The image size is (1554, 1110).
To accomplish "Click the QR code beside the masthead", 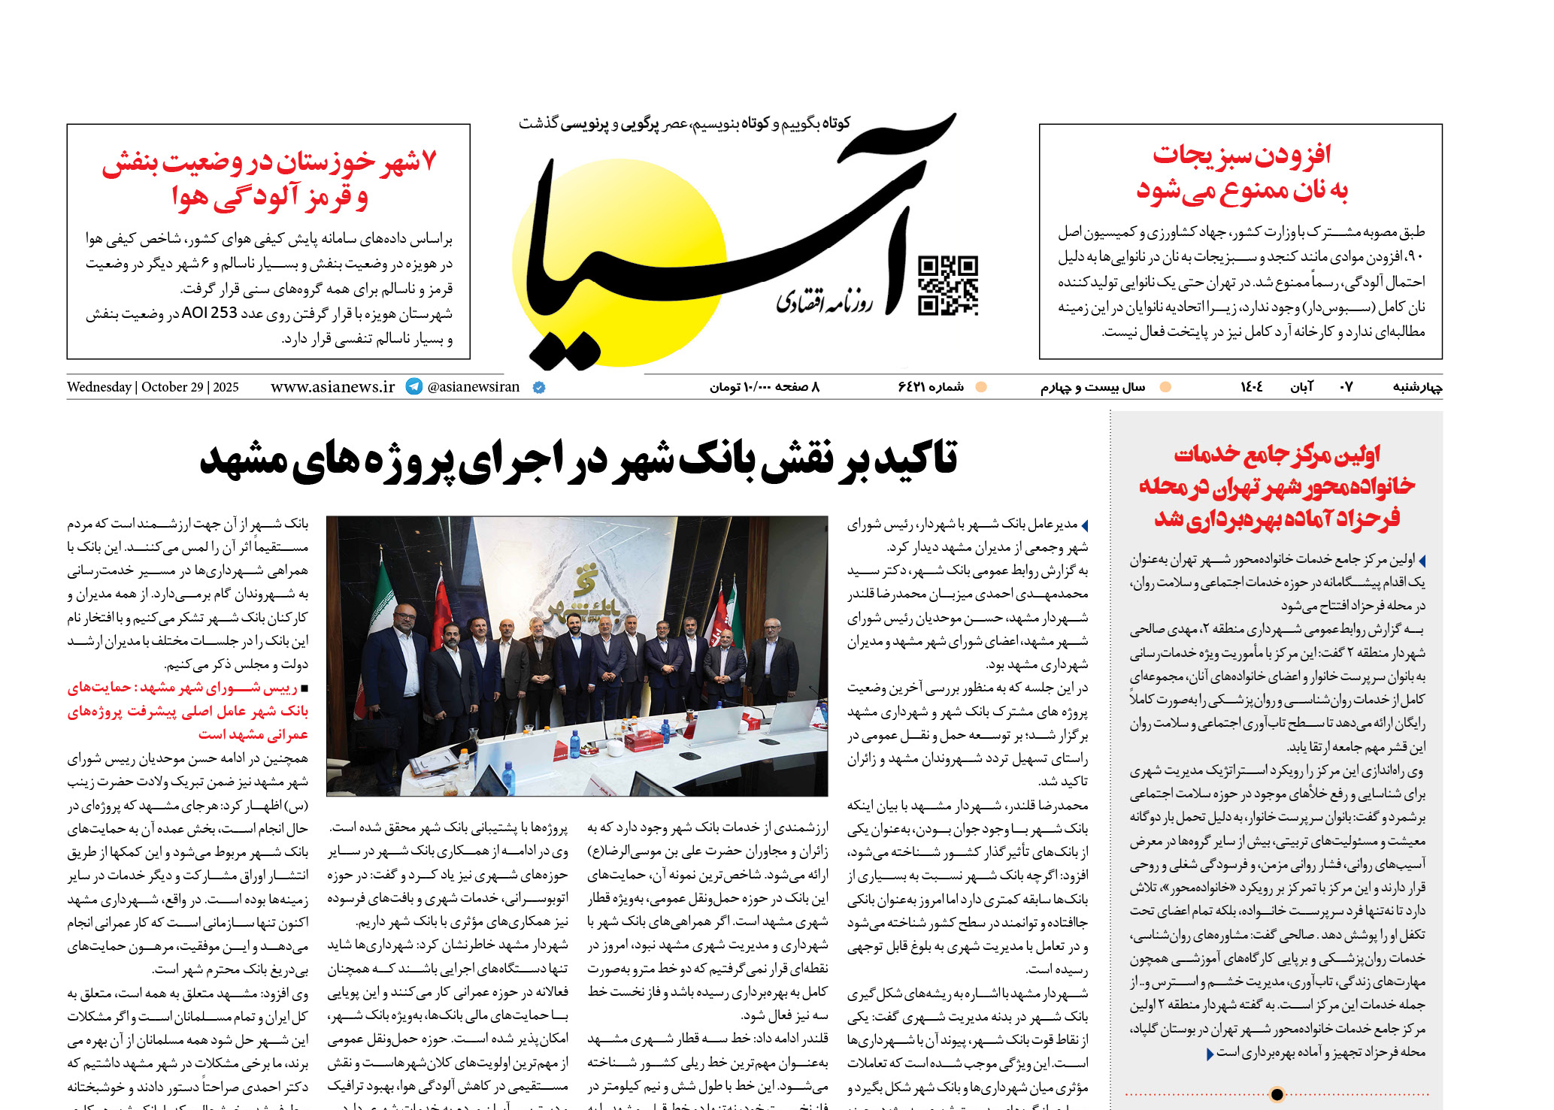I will (947, 285).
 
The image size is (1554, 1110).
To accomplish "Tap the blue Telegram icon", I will (413, 386).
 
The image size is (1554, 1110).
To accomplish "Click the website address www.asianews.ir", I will (332, 386).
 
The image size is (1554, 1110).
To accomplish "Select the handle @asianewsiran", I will (473, 386).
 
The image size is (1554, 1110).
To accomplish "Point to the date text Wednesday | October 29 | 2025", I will (153, 387).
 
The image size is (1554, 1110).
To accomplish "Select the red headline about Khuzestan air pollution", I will (269, 180).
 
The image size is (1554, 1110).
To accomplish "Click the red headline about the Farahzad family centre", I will (1277, 485).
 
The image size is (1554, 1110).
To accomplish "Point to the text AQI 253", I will (210, 313).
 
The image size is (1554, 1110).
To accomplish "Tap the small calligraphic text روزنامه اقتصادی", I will (825, 302).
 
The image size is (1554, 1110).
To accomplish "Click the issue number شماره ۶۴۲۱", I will (931, 387).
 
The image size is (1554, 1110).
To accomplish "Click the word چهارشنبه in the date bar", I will (1417, 387).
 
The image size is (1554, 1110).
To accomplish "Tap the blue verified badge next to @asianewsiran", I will (538, 387).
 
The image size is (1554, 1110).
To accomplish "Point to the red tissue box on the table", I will (644, 740).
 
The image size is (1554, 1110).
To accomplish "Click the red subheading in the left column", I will (188, 710).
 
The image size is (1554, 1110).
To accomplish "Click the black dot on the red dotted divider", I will (1277, 1093).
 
